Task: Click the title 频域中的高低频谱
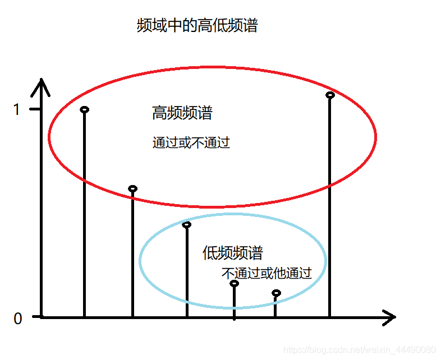(x=197, y=26)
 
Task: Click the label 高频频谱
(x=182, y=113)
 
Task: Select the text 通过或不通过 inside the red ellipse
(x=191, y=142)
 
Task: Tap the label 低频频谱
(x=232, y=253)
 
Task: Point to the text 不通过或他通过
(x=266, y=274)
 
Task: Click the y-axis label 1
(x=17, y=109)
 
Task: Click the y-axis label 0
(x=17, y=319)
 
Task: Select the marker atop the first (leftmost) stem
(x=84, y=109)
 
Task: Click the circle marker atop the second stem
(x=132, y=188)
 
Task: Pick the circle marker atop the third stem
(x=187, y=225)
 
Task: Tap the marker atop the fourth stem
(x=234, y=283)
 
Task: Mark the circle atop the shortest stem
(x=275, y=293)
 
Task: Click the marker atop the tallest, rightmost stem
(x=330, y=95)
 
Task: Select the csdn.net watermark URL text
(x=359, y=349)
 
